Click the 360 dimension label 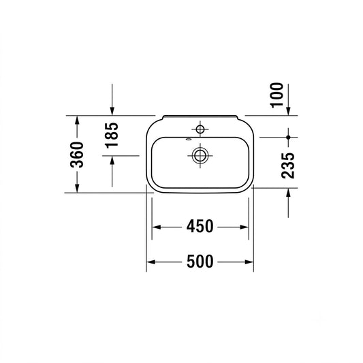pyautogui.click(x=77, y=155)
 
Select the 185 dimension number pyautogui.click(x=112, y=136)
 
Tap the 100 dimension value pyautogui.click(x=277, y=95)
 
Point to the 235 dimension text pyautogui.click(x=288, y=165)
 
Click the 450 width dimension pyautogui.click(x=200, y=226)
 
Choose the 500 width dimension pyautogui.click(x=200, y=262)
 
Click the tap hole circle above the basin pyautogui.click(x=200, y=129)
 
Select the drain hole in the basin pyautogui.click(x=200, y=155)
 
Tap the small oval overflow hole pyautogui.click(x=189, y=140)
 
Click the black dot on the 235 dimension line pyautogui.click(x=288, y=138)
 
